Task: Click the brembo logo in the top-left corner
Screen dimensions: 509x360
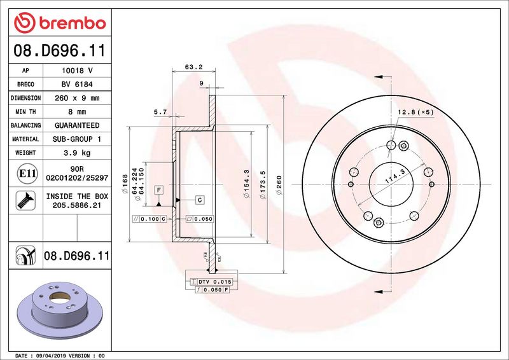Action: pos(60,23)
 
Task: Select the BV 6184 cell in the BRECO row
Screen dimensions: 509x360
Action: pos(77,85)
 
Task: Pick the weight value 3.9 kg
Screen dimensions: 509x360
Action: pos(77,153)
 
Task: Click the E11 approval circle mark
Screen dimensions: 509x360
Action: pos(27,174)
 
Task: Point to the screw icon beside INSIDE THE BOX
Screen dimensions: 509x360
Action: pos(25,200)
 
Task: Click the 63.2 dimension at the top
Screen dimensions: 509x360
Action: pos(194,67)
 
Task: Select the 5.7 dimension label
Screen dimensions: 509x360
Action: pos(160,112)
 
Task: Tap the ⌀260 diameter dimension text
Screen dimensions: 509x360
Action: pos(279,185)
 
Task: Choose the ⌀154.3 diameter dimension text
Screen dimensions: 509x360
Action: pos(246,184)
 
